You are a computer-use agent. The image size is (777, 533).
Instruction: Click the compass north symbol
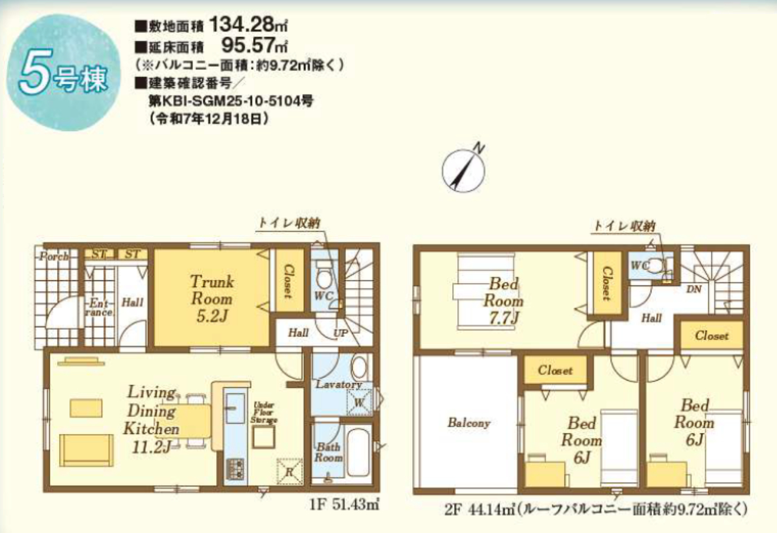pos(463,169)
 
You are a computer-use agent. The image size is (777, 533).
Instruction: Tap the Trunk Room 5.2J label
pos(212,299)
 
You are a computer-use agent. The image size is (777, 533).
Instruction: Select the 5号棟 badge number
pos(63,72)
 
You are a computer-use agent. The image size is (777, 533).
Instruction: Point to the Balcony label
pos(469,423)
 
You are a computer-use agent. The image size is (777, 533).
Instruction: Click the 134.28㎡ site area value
pos(248,25)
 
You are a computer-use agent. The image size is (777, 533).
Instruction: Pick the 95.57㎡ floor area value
pos(254,45)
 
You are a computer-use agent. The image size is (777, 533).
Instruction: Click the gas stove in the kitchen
pos(235,469)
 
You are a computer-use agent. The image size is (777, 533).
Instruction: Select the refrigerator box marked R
pos(290,471)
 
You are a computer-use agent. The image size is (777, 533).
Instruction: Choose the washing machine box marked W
pos(359,402)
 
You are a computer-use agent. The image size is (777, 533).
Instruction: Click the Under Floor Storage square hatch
pos(263,437)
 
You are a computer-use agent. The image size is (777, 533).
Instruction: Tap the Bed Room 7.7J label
pos(503,301)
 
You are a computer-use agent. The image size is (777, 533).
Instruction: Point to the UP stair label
pos(341,333)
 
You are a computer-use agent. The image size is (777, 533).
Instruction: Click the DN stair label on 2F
pos(694,289)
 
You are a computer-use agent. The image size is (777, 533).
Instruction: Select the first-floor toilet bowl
pos(324,275)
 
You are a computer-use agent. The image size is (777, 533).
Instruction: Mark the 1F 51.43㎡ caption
pos(344,504)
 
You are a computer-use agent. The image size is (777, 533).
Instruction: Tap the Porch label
pos(54,256)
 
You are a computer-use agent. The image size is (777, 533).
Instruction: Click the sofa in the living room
pos(86,450)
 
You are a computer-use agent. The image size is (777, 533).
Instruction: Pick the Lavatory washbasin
pos(359,367)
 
